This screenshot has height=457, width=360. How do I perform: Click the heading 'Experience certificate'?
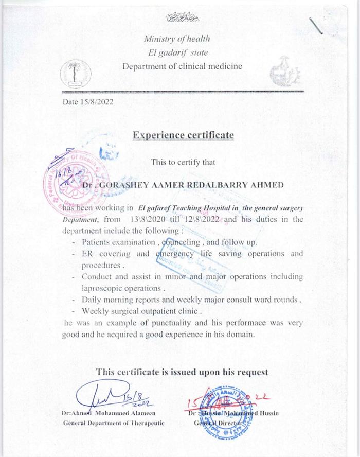pos(183,135)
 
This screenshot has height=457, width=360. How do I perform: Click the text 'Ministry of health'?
pos(177,39)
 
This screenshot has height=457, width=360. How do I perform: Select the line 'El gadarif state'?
pos(176,52)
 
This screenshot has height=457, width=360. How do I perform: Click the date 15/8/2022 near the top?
pos(88,101)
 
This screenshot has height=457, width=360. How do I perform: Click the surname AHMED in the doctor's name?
pos(270,185)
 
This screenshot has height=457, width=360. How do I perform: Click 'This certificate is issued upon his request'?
pos(183,372)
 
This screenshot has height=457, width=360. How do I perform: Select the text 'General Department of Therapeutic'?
pos(114,423)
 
